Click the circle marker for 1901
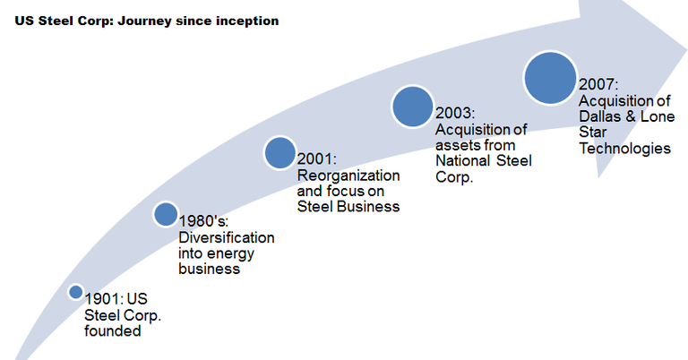[76, 293]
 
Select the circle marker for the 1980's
[165, 214]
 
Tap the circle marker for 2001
[280, 152]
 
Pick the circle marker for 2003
[412, 107]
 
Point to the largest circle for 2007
[549, 77]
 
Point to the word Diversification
[227, 237]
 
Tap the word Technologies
[624, 149]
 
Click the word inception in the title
[244, 21]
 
